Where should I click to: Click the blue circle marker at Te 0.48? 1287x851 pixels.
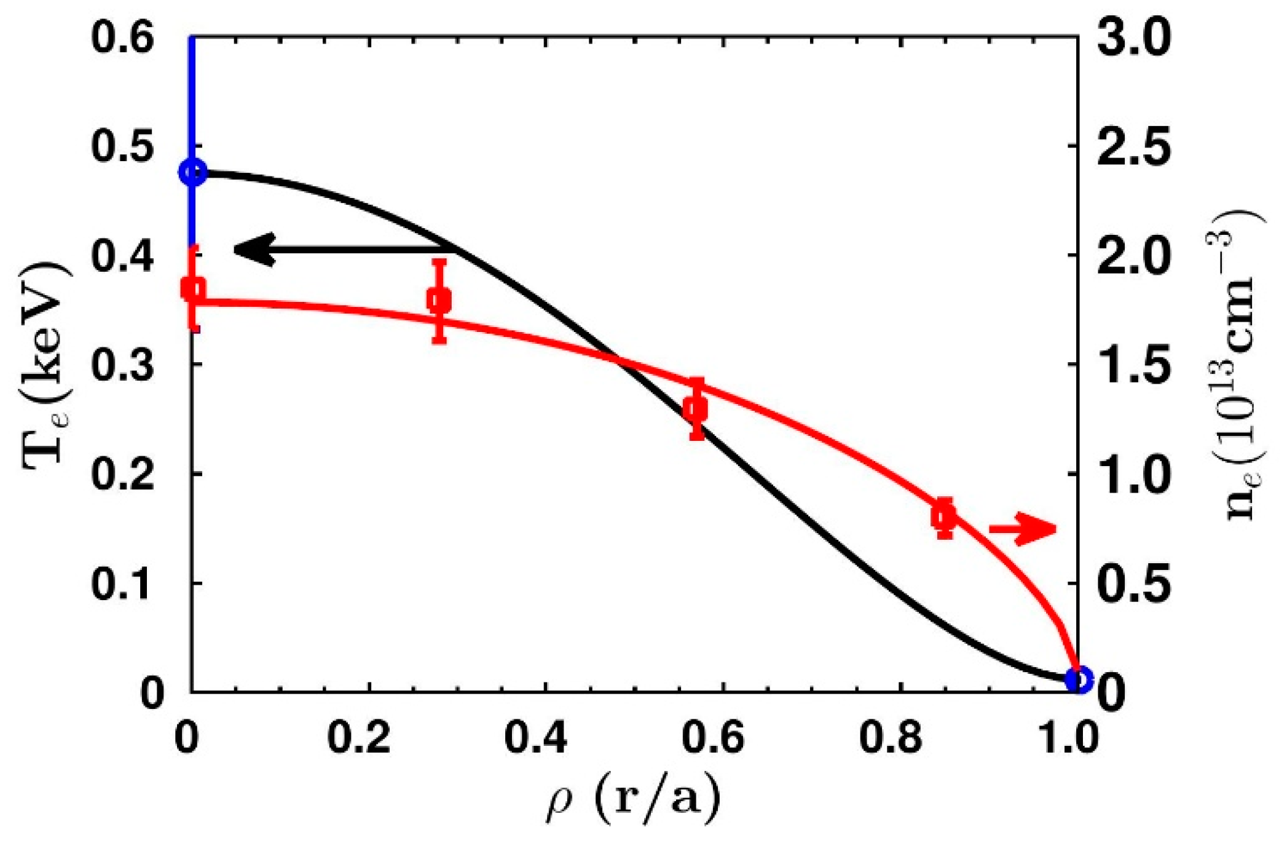click(193, 173)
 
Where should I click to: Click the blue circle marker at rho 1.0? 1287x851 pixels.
click(1078, 679)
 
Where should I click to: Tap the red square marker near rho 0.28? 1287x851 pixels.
click(439, 301)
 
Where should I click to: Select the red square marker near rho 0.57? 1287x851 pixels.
click(696, 408)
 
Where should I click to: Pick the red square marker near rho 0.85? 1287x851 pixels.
click(944, 517)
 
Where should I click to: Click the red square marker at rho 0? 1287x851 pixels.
click(194, 288)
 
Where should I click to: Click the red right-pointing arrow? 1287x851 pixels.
click(1023, 529)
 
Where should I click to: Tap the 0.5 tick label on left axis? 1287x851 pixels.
click(122, 148)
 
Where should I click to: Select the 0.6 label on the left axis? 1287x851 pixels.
click(122, 38)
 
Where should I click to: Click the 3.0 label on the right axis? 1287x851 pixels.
click(1134, 38)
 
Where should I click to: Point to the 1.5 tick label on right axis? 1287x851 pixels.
click(1134, 365)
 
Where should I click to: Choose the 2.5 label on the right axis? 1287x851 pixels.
click(1134, 148)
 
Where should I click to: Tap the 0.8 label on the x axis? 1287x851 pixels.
click(891, 737)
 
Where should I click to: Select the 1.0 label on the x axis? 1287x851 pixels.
click(1068, 737)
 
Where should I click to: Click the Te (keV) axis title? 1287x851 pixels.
click(46, 366)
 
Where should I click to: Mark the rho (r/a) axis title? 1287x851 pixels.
click(633, 799)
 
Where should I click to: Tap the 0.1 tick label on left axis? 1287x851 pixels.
click(122, 584)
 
